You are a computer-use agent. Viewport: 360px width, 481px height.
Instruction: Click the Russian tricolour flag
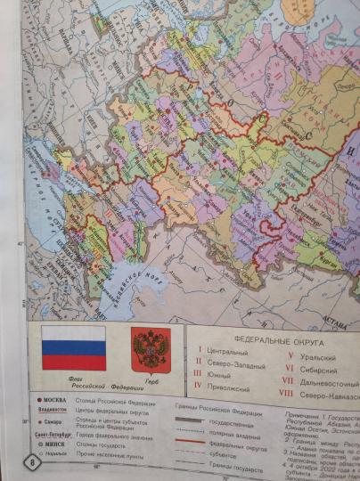tap(74, 347)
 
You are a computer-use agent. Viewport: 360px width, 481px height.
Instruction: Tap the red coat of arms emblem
tap(151, 348)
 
